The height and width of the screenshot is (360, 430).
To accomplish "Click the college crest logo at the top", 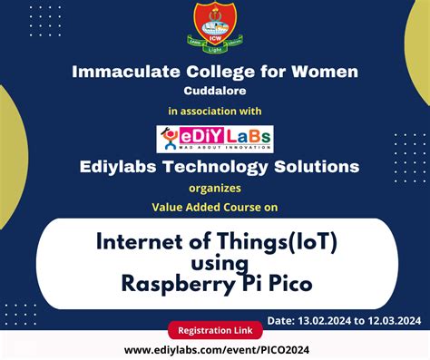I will [215, 28].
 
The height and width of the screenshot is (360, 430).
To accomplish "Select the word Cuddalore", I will [215, 91].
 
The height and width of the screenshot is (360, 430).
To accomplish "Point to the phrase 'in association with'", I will [215, 111].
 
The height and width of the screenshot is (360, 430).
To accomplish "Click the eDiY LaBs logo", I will [215, 138].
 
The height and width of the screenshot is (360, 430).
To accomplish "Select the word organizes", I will [215, 190].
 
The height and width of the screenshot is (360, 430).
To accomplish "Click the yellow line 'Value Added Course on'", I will [215, 207].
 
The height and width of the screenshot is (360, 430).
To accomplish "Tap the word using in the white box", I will [215, 263].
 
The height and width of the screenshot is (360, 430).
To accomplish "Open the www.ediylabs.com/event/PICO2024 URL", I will [214, 349].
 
